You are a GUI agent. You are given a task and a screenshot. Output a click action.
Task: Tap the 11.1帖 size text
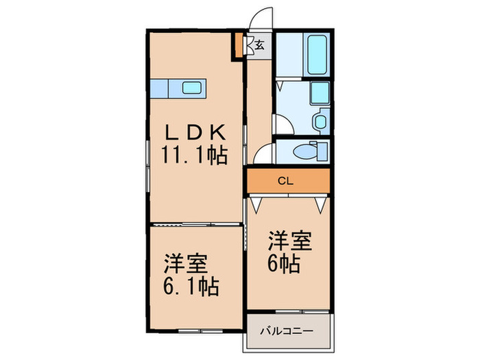coord(194,155)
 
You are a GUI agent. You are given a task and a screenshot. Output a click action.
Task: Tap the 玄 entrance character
coord(261,46)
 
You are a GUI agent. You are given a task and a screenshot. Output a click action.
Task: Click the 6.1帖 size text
coord(190,286)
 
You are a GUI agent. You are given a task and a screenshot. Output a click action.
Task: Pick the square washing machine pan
coord(320,93)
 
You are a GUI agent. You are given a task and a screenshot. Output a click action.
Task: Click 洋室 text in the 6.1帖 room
coord(186,263)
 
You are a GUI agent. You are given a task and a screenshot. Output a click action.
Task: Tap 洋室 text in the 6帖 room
coord(290,241)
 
